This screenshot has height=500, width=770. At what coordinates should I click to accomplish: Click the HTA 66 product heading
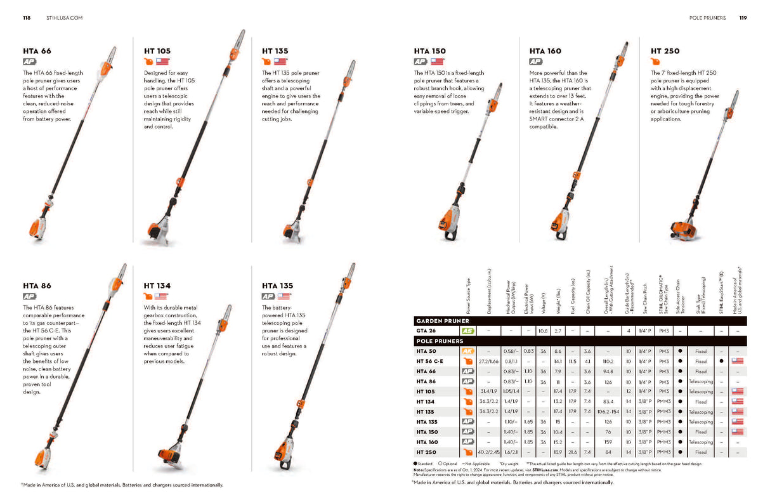pos(37,51)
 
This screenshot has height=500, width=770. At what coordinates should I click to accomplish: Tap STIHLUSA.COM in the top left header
pos(65,18)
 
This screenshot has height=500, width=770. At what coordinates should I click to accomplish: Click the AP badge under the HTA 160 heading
pos(536,62)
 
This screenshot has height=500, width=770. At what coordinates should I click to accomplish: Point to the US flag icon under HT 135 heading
pos(280,62)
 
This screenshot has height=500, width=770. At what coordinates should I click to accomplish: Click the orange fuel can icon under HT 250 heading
pos(655,62)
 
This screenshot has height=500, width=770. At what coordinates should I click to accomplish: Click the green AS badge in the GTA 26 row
pos(468,331)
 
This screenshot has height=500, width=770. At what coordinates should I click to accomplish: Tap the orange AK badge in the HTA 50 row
pos(468,351)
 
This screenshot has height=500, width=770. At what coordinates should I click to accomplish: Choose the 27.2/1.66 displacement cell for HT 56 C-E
pos(490,361)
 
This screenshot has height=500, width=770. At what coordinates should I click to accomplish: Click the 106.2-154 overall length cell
pos(608,412)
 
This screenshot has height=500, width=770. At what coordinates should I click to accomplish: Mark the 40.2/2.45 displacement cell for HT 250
pos(490,452)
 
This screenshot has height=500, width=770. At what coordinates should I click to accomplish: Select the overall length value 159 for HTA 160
pos(608,442)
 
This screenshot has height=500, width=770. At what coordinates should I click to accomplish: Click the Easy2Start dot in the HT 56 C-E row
pos(721,361)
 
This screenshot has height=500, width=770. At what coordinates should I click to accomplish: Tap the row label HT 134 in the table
pos(426,402)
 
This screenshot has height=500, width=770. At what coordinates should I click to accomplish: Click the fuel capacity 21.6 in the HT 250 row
pos(573,452)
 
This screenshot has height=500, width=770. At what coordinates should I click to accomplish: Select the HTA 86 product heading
pos(37,286)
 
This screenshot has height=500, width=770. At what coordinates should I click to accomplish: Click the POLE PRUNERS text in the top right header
pos(707,18)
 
